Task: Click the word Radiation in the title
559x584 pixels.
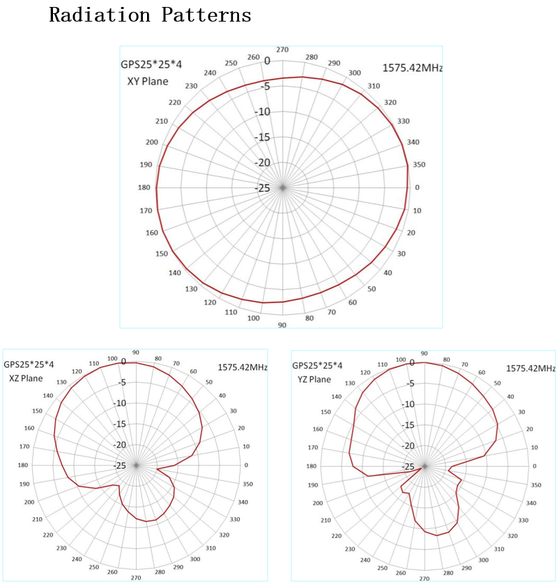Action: pyautogui.click(x=100, y=15)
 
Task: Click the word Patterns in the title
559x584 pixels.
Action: pyautogui.click(x=206, y=15)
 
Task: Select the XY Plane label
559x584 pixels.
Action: pyautogui.click(x=148, y=82)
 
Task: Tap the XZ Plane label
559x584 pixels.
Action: pyautogui.click(x=26, y=378)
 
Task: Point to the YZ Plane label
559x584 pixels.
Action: pyautogui.click(x=314, y=379)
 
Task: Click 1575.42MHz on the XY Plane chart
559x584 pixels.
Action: pyautogui.click(x=412, y=68)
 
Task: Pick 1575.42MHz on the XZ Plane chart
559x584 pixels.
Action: pyautogui.click(x=243, y=367)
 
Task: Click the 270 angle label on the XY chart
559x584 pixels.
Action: pyautogui.click(x=282, y=49)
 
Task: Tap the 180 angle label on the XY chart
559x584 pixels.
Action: pyautogui.click(x=144, y=187)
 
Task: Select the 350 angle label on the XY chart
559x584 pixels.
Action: pyautogui.click(x=419, y=164)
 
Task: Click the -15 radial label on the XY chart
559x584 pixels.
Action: pyautogui.click(x=262, y=137)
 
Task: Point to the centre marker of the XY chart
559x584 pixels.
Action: pyautogui.click(x=283, y=187)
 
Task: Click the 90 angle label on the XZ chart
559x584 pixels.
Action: pyautogui.click(x=136, y=353)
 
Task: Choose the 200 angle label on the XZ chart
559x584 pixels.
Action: pyautogui.click(x=29, y=502)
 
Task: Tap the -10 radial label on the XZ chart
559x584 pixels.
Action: pyautogui.click(x=120, y=403)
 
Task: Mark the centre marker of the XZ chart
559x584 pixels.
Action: pyautogui.click(x=136, y=466)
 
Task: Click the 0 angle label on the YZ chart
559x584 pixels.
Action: pyautogui.click(x=535, y=466)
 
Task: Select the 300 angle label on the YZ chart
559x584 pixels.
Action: pyautogui.click(x=484, y=560)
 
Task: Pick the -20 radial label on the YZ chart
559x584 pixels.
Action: pyautogui.click(x=408, y=445)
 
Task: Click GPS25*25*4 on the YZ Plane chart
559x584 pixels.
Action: pyautogui.click(x=317, y=365)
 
